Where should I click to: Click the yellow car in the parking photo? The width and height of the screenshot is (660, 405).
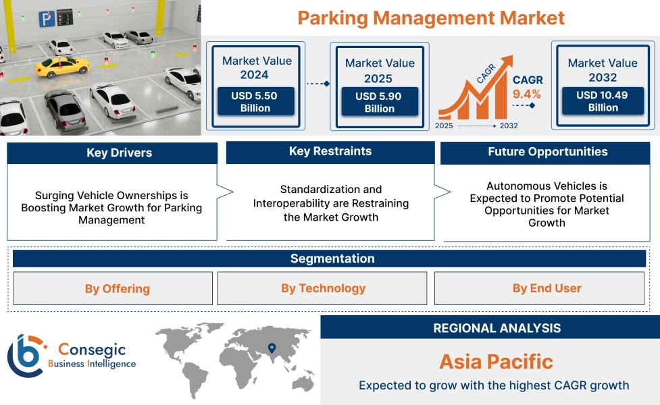pos(62,65)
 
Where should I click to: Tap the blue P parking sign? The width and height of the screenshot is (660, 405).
pos(46,20)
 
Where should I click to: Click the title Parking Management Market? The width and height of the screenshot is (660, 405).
pos(431,18)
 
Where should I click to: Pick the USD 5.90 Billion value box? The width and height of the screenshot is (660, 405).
pos(379,103)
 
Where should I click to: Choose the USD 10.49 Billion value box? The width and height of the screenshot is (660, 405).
pos(603,101)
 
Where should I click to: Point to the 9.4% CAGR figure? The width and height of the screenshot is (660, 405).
pos(527,94)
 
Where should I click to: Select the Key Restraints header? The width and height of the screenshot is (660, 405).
pos(330,152)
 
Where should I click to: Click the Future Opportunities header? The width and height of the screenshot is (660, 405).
pos(547,152)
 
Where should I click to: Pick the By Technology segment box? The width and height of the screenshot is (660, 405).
pos(323,288)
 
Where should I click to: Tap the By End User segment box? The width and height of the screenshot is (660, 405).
pos(547,288)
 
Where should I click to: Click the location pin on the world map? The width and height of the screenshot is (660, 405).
pos(272,348)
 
